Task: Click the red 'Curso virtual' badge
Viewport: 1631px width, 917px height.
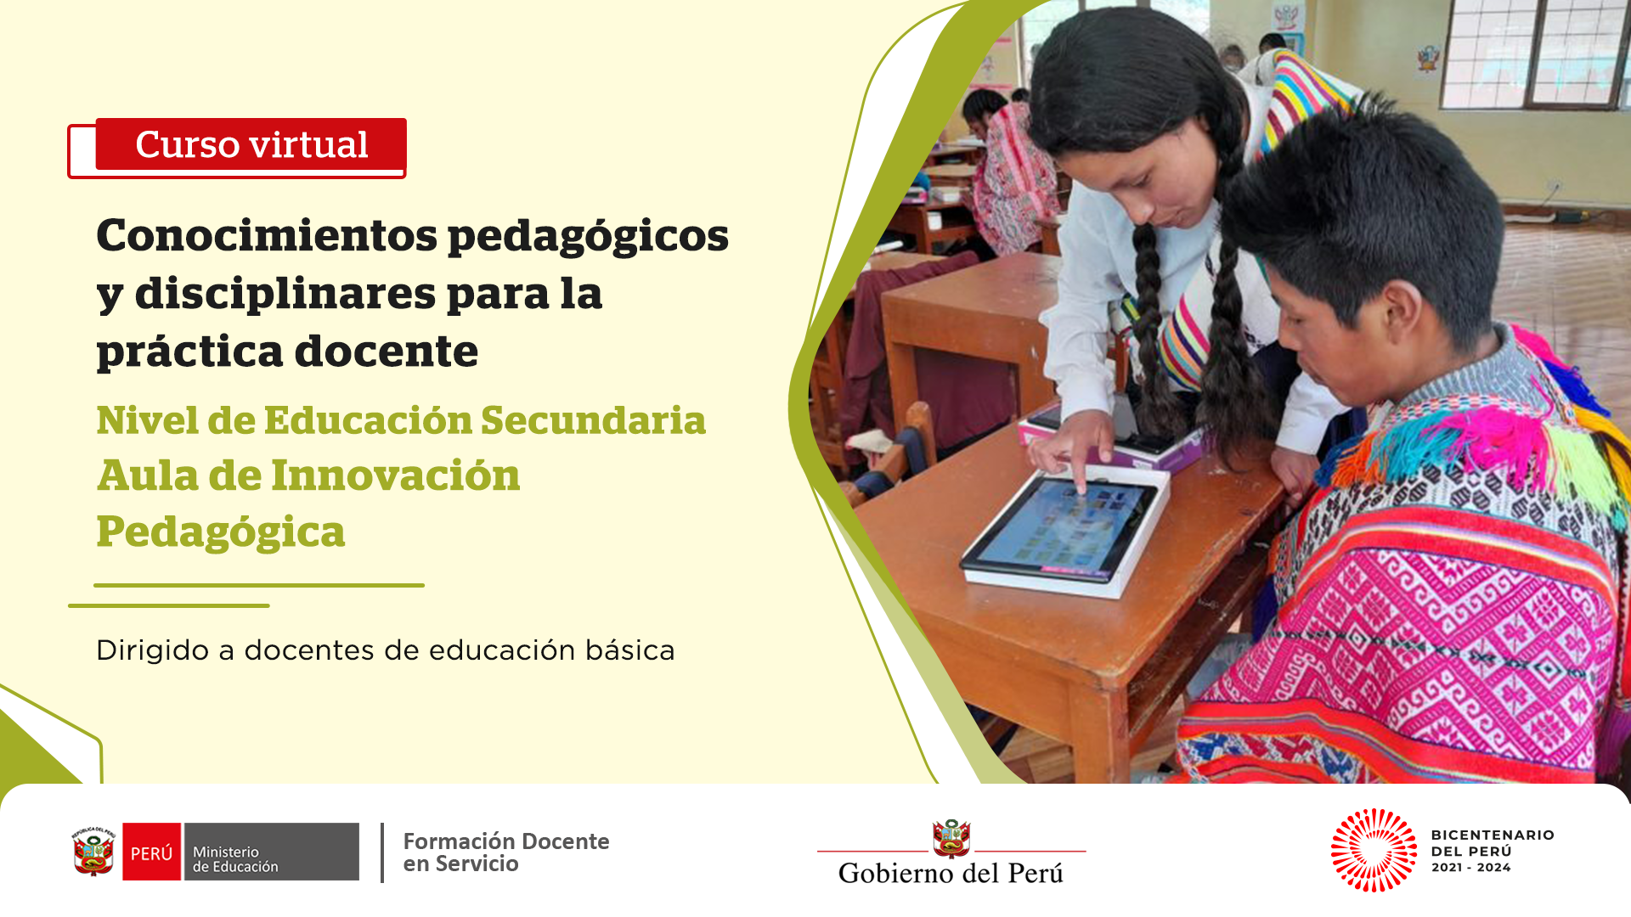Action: pyautogui.click(x=251, y=144)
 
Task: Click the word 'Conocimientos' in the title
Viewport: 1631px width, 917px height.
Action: pyautogui.click(x=266, y=235)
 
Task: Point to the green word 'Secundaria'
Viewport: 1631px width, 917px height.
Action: pyautogui.click(x=593, y=420)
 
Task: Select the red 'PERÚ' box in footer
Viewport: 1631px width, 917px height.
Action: pyautogui.click(x=151, y=852)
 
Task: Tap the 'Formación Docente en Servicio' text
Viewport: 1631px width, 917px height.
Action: pyautogui.click(x=506, y=852)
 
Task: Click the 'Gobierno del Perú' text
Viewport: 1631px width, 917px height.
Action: pyautogui.click(x=951, y=873)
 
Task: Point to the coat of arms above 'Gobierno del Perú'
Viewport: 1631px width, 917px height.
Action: pyautogui.click(x=951, y=839)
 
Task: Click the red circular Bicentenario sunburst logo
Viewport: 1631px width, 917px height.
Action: pyautogui.click(x=1374, y=851)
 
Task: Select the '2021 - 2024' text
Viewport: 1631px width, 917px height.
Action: pyautogui.click(x=1471, y=867)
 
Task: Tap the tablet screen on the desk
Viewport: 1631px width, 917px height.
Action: pyautogui.click(x=1062, y=526)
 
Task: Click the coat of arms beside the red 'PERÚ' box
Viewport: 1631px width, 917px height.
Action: pyautogui.click(x=93, y=851)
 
